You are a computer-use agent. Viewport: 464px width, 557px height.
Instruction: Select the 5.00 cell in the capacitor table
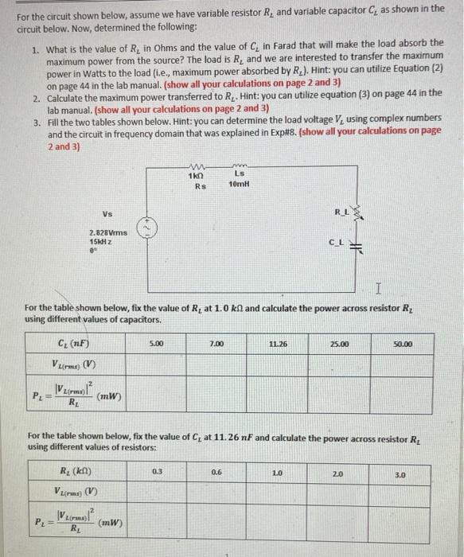(156, 345)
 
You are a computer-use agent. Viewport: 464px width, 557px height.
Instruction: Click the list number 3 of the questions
(37, 123)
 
